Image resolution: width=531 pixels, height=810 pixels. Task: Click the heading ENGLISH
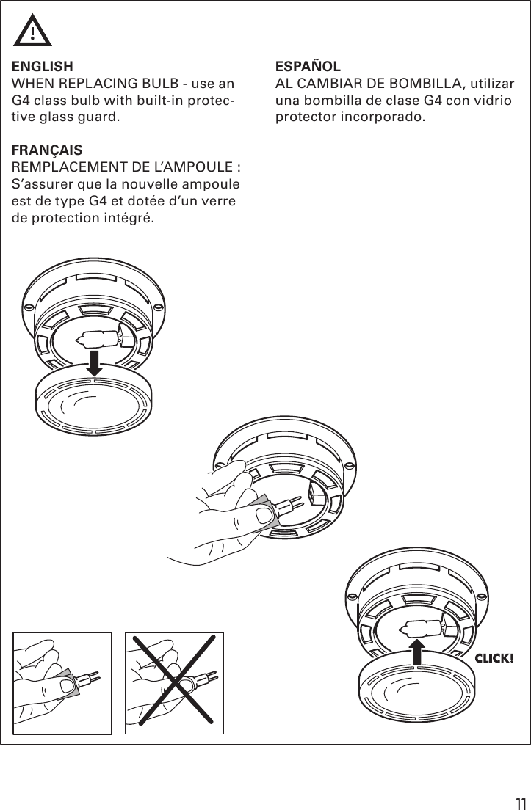pyautogui.click(x=42, y=65)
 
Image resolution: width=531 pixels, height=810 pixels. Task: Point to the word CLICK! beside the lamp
pyautogui.click(x=493, y=657)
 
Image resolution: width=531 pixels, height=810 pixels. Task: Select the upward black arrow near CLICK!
pyautogui.click(x=417, y=649)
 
